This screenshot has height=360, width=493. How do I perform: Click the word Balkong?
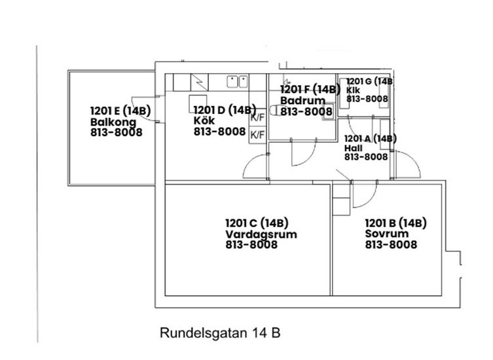point(113,122)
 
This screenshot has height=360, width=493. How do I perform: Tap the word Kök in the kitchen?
point(204,120)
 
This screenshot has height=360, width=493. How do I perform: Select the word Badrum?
point(299,101)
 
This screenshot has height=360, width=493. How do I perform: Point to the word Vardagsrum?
point(261,234)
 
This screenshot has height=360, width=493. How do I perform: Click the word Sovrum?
point(387,233)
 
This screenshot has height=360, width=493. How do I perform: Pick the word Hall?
point(354,148)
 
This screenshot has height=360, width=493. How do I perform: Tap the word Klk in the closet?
point(353,90)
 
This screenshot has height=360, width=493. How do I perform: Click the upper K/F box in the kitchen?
point(257,118)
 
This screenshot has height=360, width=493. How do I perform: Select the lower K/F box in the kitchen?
point(257,135)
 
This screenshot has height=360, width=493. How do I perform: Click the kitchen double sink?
point(237,81)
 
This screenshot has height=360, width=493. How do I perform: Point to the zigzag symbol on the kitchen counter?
point(199,82)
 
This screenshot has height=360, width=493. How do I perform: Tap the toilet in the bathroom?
point(275,111)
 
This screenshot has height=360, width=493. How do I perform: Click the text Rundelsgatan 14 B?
point(220,333)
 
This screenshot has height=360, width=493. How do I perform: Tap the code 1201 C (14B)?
point(257,223)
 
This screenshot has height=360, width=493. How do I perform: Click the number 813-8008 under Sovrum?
point(391,245)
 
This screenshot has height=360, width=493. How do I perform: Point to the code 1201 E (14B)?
point(120,111)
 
